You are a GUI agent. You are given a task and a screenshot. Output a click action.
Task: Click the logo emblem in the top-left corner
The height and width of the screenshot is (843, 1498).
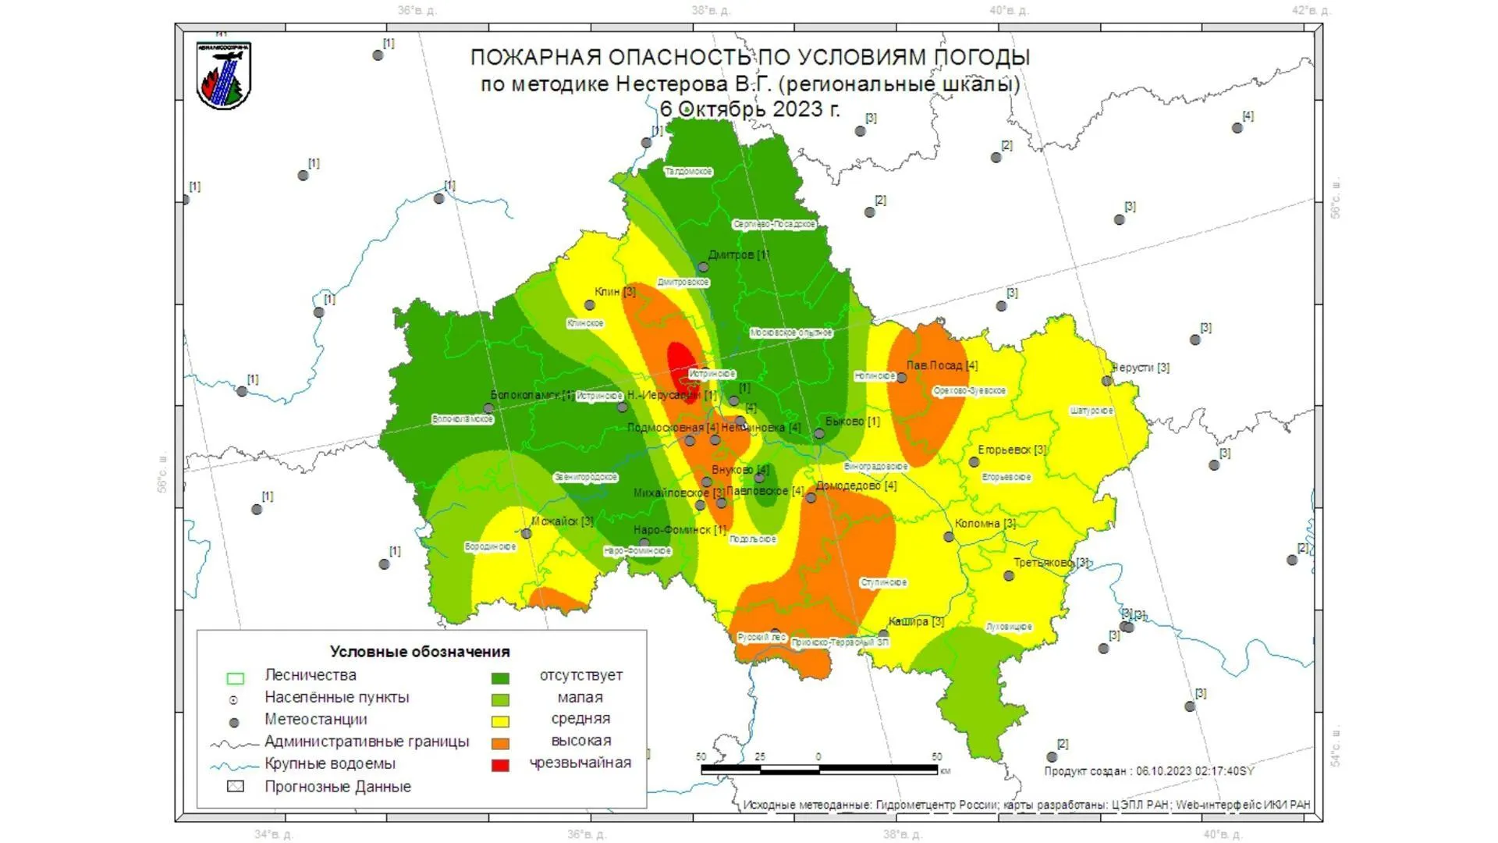[x=224, y=76]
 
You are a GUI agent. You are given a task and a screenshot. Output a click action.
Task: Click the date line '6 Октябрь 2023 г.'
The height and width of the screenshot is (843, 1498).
[x=750, y=109]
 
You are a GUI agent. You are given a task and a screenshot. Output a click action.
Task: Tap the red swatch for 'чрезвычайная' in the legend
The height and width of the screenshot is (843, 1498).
[x=500, y=765]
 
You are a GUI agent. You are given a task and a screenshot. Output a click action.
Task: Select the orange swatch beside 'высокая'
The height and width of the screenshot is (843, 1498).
[x=500, y=743]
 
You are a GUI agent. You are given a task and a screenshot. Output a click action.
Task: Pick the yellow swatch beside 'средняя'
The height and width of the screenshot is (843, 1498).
[x=500, y=721]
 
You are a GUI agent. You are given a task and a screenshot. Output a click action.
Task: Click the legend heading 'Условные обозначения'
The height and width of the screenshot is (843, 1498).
[x=420, y=652]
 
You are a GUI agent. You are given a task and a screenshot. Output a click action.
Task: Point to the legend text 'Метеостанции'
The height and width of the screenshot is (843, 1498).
[x=315, y=720]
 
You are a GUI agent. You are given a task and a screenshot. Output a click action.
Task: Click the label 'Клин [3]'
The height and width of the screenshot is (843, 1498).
[x=615, y=292]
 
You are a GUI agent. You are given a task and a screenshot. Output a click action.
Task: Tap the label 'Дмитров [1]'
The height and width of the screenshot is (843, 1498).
[x=738, y=255]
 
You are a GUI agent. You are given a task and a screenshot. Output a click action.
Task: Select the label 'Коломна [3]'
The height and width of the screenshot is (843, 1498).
[x=985, y=524]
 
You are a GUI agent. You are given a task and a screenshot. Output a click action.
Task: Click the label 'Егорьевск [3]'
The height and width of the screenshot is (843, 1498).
[x=1012, y=450]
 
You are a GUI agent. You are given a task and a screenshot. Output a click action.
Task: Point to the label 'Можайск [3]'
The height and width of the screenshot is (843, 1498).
[x=562, y=521]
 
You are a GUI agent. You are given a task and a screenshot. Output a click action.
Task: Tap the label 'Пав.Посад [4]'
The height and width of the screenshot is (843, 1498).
[x=942, y=365]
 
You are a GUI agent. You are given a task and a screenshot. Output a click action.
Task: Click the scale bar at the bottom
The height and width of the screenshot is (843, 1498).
[x=819, y=770]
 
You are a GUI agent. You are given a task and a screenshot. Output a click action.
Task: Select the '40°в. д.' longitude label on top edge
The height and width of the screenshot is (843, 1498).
[x=1009, y=11]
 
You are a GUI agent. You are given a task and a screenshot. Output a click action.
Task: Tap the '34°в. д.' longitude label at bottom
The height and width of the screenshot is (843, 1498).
[x=274, y=834]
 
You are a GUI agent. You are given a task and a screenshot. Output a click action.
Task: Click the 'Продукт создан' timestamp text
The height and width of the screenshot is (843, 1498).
[x=1148, y=771]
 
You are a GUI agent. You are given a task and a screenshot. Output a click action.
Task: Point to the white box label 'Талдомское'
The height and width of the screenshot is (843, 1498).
[x=688, y=172]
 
